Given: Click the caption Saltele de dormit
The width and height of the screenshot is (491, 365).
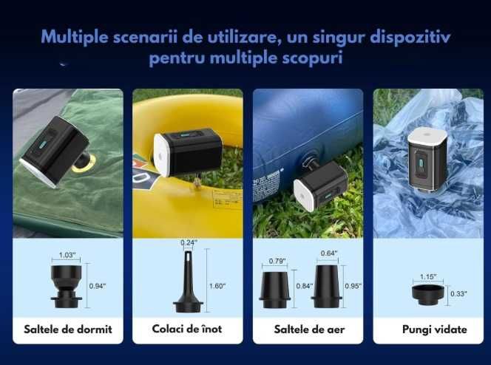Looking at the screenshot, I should coord(67,329).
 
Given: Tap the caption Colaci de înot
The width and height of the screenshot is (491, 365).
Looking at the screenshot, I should coord(187,329).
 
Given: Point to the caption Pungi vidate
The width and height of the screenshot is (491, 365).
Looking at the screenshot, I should coord(427,329).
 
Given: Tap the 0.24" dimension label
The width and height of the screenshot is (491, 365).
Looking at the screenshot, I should coord(189,242).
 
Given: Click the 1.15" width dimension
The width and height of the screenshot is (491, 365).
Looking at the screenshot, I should coord(427,277).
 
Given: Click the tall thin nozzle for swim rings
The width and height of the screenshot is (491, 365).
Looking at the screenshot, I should coord(189,281).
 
